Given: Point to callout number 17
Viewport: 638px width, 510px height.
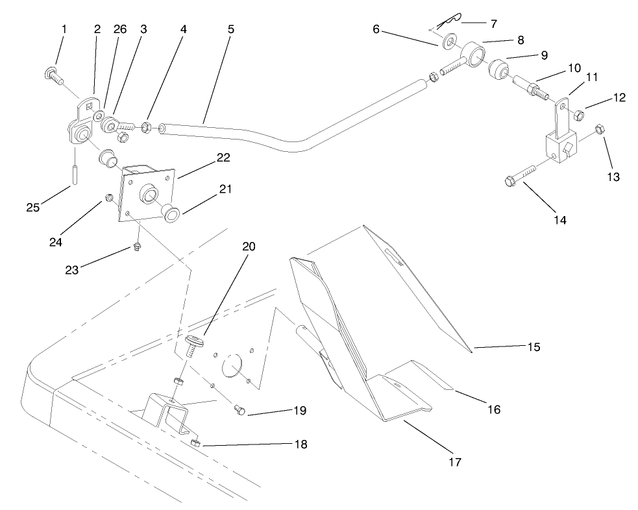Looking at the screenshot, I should [454, 462].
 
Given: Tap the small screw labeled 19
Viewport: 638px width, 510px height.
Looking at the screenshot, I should [238, 409].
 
